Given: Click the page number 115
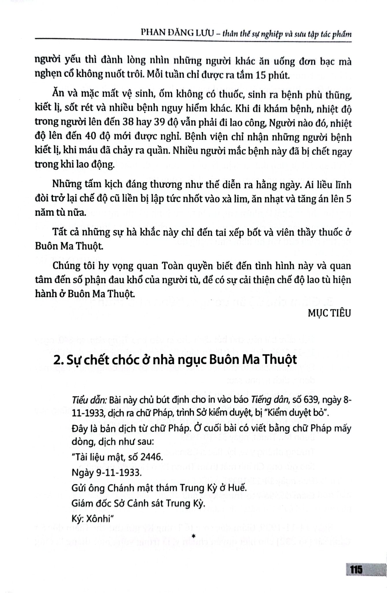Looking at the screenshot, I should pos(356,570).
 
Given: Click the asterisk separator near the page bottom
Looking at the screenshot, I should pos(193,537).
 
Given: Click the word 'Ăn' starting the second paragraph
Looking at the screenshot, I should pos(58,94).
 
